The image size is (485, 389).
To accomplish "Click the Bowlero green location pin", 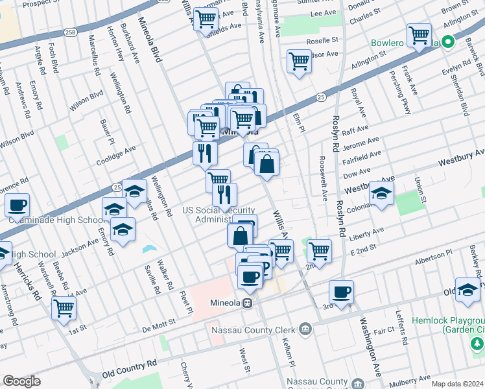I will [x=445, y=43].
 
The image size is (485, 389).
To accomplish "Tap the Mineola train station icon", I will [x=247, y=303].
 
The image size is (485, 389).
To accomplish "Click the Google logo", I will [x=21, y=381].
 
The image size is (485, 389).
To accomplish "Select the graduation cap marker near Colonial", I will [x=381, y=193].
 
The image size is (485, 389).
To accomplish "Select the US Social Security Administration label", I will [x=219, y=215].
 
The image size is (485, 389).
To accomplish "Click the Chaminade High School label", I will [x=56, y=220].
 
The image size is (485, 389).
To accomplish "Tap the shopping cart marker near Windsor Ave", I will [x=299, y=62].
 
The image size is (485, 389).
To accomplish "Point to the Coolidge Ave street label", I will [x=115, y=156].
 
